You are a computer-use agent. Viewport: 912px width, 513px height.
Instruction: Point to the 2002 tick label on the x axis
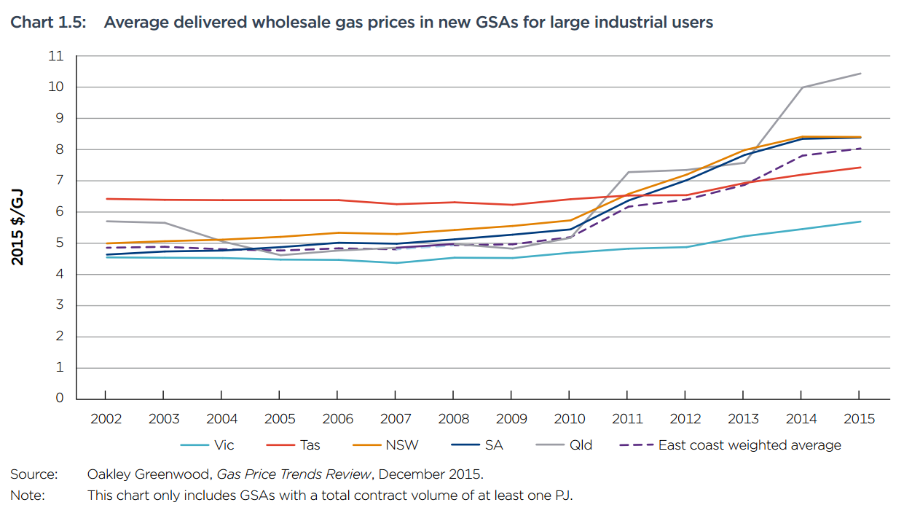(x=106, y=419)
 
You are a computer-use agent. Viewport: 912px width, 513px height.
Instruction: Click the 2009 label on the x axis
(x=511, y=419)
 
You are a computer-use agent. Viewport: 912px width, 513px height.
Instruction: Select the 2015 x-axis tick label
(x=860, y=419)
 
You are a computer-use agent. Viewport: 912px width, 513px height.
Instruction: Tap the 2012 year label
(x=685, y=419)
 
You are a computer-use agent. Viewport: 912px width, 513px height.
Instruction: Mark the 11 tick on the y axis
(x=56, y=56)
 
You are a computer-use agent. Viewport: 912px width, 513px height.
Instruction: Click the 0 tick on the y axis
(x=60, y=399)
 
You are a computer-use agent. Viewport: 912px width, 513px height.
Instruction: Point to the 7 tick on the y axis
(x=60, y=181)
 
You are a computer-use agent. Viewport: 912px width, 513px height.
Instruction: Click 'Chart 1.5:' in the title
(x=48, y=23)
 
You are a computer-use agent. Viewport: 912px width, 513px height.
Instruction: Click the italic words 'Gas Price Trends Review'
(x=294, y=474)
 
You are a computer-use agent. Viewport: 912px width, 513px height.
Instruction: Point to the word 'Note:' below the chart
(x=28, y=496)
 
